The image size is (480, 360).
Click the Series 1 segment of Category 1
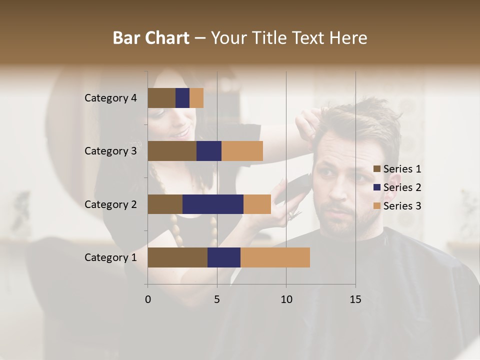177,257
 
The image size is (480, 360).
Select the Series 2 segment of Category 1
224,257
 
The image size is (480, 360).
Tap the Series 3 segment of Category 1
275,257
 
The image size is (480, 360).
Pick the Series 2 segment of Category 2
213,204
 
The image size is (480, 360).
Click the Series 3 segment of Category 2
257,204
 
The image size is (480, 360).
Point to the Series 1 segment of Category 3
172,151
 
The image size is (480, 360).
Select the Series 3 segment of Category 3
242,151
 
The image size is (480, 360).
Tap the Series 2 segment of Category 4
182,98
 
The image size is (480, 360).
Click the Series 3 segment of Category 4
196,98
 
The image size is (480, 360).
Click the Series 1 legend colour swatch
377,169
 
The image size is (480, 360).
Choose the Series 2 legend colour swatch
377,187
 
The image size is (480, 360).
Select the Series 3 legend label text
402,206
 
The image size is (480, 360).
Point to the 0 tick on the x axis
148,299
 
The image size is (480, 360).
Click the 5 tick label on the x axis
217,299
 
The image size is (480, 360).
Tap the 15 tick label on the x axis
355,299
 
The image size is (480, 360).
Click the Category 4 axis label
110,98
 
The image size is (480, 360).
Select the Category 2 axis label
110,204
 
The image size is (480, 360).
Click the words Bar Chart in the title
151,37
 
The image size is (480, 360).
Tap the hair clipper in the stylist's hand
292,187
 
